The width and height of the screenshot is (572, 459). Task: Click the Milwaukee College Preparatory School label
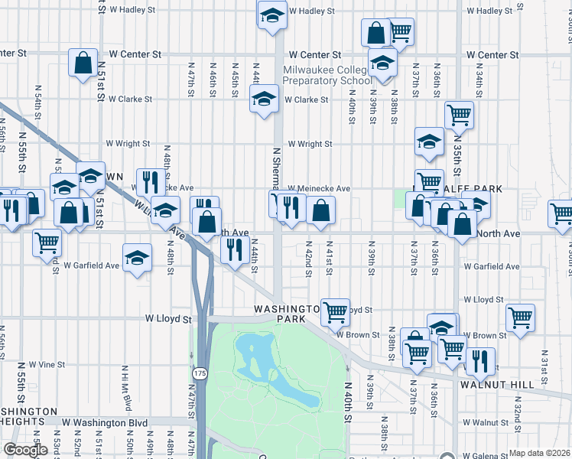pyautogui.click(x=327, y=75)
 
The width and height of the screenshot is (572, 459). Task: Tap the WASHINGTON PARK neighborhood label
pyautogui.click(x=285, y=313)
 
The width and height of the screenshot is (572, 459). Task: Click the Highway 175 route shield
pyautogui.click(x=200, y=373)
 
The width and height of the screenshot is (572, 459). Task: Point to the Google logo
pyautogui.click(x=25, y=449)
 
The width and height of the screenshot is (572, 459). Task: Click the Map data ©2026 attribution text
pyautogui.click(x=540, y=452)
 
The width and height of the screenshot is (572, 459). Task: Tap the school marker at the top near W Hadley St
pyautogui.click(x=271, y=15)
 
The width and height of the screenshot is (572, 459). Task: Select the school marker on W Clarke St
pyautogui.click(x=264, y=99)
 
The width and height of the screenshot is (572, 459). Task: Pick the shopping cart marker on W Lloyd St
pyautogui.click(x=335, y=311)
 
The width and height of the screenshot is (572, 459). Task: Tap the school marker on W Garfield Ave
pyautogui.click(x=137, y=258)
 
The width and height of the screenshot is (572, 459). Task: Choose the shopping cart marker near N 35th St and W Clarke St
pyautogui.click(x=459, y=116)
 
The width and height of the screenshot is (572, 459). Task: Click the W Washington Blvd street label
pyautogui.click(x=105, y=422)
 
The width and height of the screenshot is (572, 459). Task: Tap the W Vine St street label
pyautogui.click(x=44, y=364)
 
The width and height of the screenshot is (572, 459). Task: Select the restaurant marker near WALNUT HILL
pyautogui.click(x=480, y=361)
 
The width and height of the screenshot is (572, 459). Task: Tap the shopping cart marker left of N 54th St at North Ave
pyautogui.click(x=47, y=243)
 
